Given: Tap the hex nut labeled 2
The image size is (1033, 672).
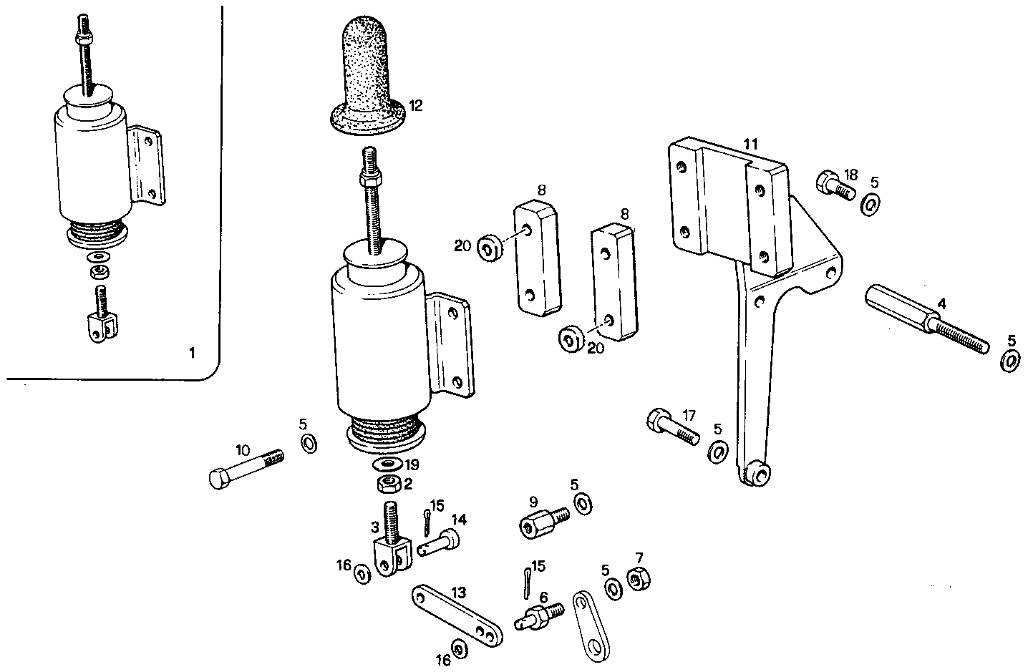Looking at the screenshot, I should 387,484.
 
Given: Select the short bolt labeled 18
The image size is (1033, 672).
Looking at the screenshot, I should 835,185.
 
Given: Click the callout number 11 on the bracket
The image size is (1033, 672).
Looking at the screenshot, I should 749,145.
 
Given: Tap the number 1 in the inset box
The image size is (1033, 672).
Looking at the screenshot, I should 190,353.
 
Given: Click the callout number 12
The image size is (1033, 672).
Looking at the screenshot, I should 417,106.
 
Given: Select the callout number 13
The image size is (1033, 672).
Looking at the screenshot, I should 458,593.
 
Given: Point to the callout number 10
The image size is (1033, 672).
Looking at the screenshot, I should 243,450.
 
